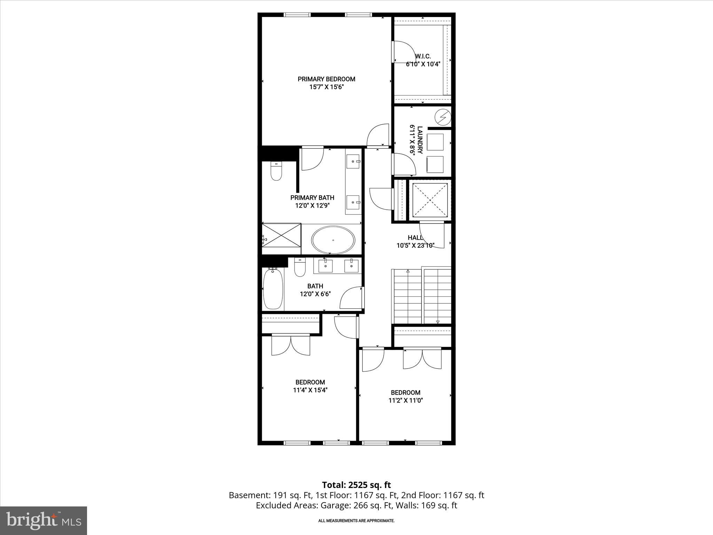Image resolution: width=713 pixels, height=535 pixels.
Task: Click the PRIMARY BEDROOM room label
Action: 326,79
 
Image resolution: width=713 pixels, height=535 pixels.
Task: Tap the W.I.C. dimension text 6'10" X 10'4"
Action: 423,64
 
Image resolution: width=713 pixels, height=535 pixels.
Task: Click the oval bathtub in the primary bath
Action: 333,240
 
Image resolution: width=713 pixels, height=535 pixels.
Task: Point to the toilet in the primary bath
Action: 276,172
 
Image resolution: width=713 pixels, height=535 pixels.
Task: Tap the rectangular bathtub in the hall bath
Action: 273,289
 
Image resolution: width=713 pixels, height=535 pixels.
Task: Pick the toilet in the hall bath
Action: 299,267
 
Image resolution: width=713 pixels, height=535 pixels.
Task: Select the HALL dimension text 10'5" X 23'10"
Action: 415,246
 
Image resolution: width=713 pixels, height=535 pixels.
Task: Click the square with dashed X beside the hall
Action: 430,200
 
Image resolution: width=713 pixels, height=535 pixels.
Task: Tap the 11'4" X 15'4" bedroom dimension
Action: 310,390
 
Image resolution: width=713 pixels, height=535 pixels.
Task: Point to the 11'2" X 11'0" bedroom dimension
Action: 406,401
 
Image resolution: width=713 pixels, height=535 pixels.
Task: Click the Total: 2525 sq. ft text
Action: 356,485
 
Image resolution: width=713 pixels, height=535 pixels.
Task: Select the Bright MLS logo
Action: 44,520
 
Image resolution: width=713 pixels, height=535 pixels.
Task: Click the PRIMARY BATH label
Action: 312,198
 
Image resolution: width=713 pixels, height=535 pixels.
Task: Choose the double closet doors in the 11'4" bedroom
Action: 290,345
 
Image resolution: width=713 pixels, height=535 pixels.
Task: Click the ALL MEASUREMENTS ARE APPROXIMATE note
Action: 356,521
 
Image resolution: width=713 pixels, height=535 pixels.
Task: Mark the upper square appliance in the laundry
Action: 435,142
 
